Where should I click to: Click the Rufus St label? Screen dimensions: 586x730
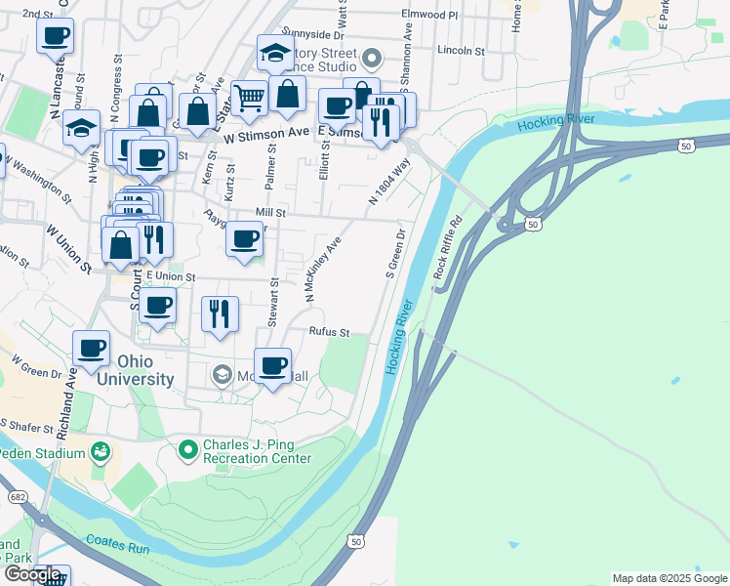(x=330, y=332)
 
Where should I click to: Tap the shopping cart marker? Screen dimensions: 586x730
(x=250, y=98)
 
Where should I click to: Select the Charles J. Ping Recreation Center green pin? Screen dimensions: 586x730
(x=188, y=450)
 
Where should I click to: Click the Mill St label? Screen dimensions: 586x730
(x=270, y=212)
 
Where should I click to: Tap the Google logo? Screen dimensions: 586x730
(x=32, y=574)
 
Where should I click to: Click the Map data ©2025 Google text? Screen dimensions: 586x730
(x=669, y=578)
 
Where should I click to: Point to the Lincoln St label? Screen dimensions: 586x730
(x=462, y=50)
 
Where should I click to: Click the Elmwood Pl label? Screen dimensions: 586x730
(x=429, y=15)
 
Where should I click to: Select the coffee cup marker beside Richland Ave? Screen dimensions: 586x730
(x=93, y=349)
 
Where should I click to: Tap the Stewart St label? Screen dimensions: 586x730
(x=274, y=303)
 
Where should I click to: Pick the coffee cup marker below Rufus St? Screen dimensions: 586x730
(x=273, y=366)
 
